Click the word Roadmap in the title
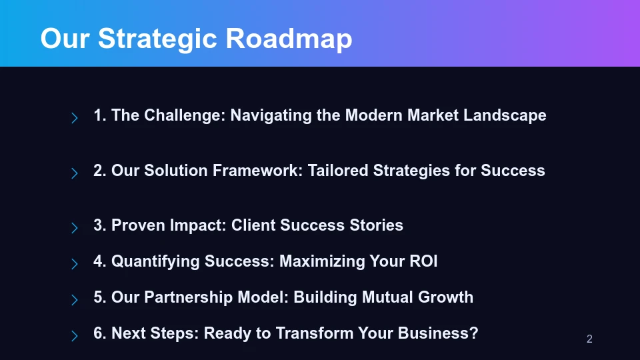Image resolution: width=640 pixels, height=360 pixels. [x=289, y=39]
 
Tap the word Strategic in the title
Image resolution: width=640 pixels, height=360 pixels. [x=158, y=39]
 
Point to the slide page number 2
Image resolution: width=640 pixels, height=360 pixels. [x=589, y=339]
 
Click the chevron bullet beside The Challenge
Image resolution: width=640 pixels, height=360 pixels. [x=75, y=118]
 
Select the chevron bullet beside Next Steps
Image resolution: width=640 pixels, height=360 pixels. [x=75, y=335]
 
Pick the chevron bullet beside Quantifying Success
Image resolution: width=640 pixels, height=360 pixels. [x=75, y=263]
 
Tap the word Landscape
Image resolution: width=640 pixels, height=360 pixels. [x=505, y=115]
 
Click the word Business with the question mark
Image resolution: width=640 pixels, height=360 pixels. [x=443, y=333]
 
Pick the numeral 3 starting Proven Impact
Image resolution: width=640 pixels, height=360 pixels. [x=98, y=225]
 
